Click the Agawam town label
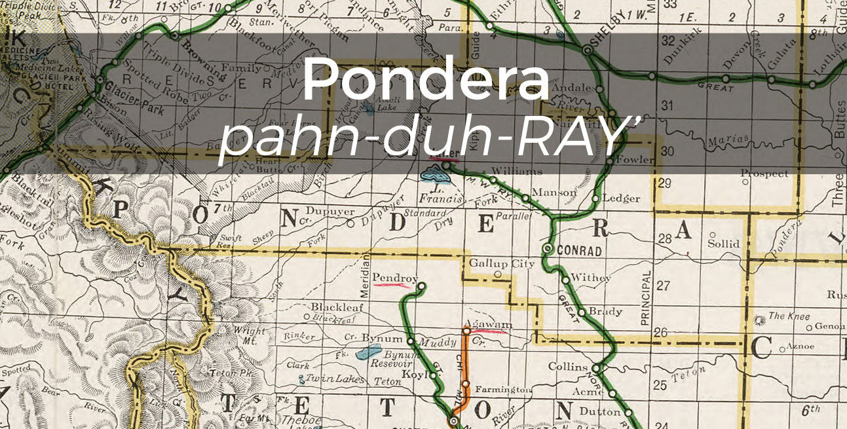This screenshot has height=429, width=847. tap(487, 324)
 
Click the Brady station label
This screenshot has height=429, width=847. tap(605, 311)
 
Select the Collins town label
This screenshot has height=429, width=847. tap(568, 366)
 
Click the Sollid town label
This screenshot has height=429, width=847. tap(724, 244)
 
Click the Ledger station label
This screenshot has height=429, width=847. tap(620, 198)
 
